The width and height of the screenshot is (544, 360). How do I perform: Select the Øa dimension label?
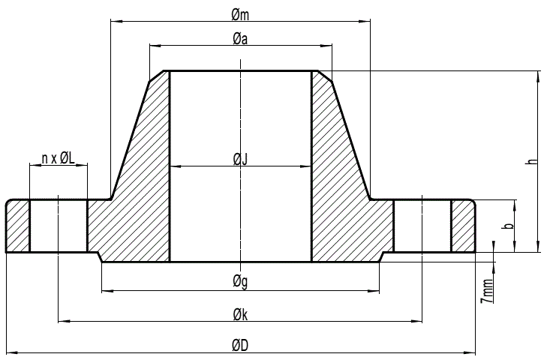click(240, 39)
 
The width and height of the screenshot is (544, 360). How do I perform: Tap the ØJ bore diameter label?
click(240, 158)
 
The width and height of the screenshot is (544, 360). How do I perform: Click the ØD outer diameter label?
click(240, 344)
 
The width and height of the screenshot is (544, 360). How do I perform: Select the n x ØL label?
click(59, 157)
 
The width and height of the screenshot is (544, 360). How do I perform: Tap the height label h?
click(531, 161)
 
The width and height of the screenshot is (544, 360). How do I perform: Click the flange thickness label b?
click(508, 226)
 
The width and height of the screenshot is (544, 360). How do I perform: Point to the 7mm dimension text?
click(488, 288)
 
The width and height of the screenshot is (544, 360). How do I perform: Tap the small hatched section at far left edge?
click(18, 226)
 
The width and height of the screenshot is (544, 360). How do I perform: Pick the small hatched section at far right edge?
click(463, 226)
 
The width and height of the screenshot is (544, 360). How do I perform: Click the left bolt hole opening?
click(59, 226)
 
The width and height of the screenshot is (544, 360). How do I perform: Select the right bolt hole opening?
click(422, 226)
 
